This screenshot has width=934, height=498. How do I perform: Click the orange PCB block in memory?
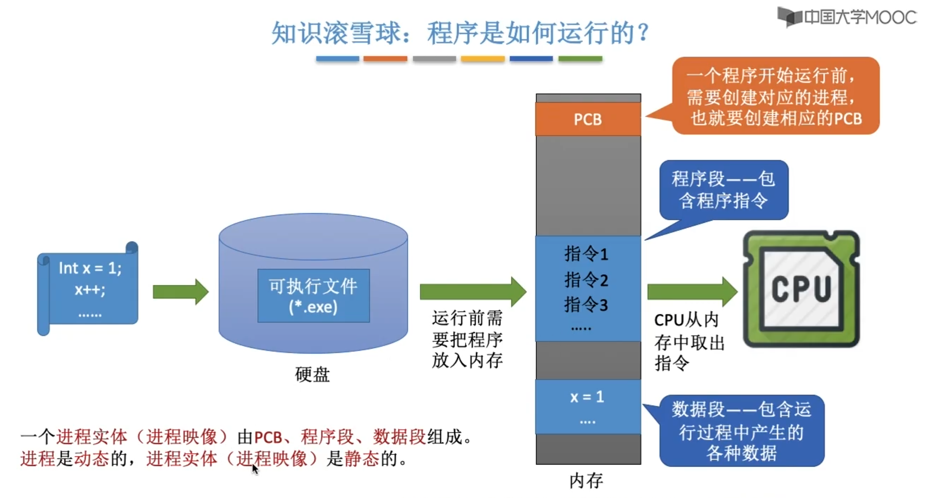588,119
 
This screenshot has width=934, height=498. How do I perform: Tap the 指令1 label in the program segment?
586,254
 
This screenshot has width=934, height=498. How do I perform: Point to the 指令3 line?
586,305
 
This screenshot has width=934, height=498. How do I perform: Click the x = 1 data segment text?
587,397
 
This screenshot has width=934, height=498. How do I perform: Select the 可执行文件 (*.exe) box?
313,296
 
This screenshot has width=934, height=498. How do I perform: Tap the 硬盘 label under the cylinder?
312,375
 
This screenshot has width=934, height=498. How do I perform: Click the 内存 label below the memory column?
586,481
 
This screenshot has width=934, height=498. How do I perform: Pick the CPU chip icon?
801,289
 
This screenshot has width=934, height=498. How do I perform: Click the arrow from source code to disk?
181,292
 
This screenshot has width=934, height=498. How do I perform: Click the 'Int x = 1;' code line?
90,268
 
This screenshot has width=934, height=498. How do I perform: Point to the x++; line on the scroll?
90,290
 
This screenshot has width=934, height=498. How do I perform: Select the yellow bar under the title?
482,59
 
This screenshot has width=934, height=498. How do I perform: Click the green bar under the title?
580,59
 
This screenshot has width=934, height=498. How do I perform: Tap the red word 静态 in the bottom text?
362,459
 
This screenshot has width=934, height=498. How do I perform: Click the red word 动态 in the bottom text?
92,459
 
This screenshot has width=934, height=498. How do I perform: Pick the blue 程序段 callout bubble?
723,190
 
